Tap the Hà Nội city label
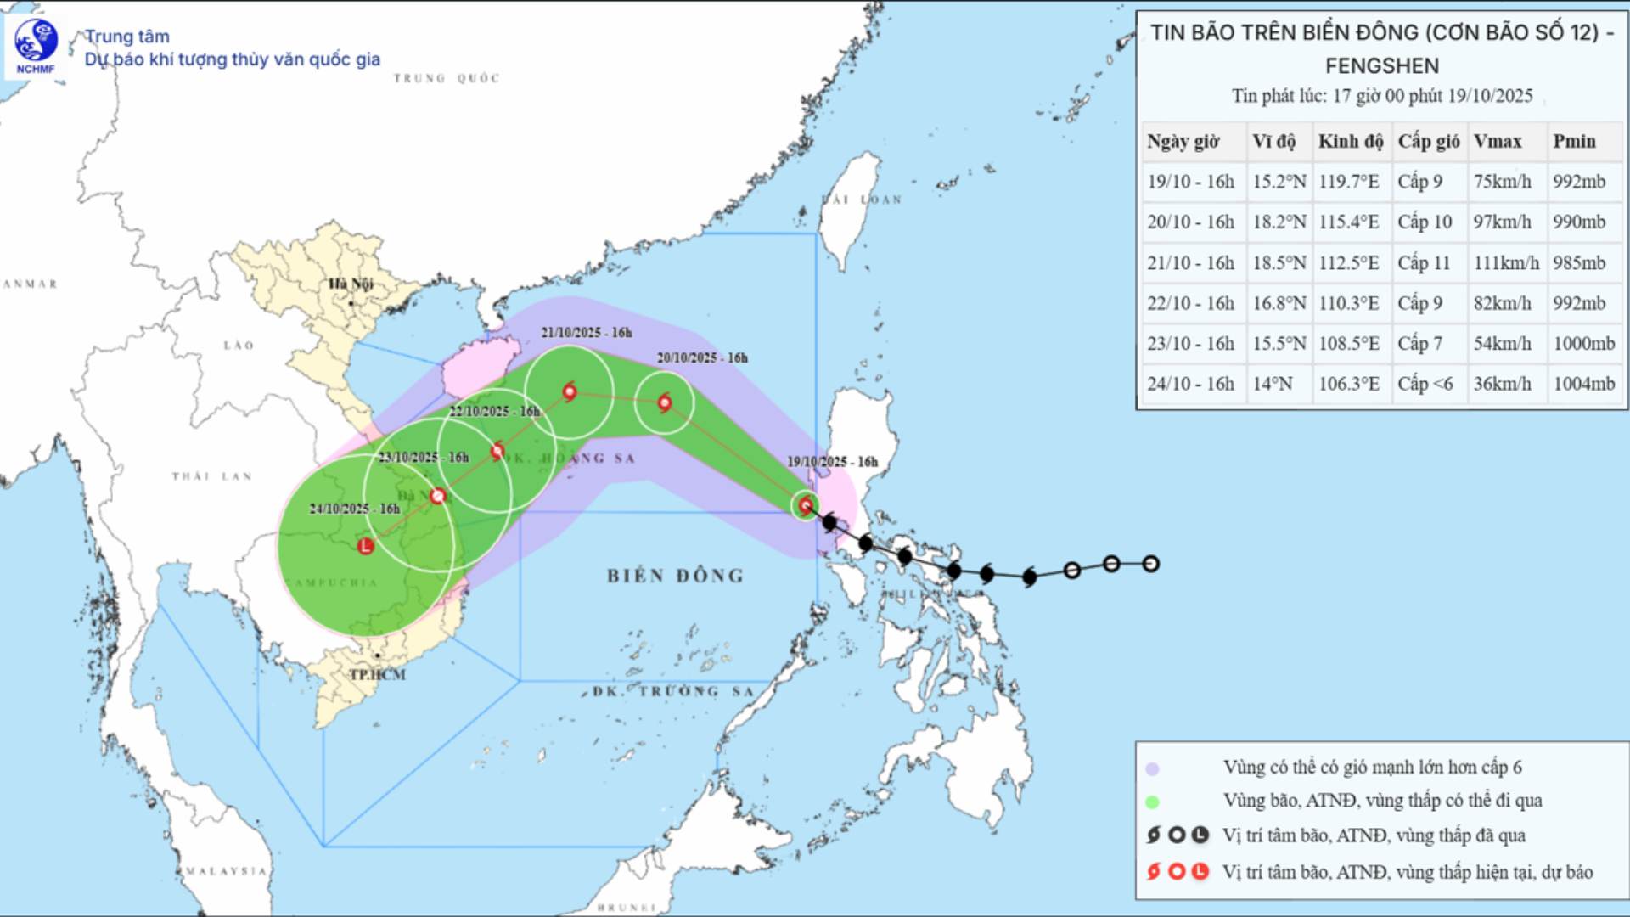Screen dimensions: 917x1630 [x=351, y=284]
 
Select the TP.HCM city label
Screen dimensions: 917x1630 [x=378, y=674]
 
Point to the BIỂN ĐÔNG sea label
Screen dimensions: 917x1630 [x=675, y=576]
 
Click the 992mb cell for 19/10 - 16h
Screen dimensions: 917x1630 [x=1579, y=182]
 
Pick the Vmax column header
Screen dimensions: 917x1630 [x=1498, y=141]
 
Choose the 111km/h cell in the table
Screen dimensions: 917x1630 [x=1506, y=263]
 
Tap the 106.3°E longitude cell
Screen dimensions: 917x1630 [x=1349, y=384]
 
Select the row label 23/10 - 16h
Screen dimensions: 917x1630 [x=1190, y=343]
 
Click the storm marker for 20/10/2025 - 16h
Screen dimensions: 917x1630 [x=665, y=402]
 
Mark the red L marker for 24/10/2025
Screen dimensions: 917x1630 [x=365, y=546]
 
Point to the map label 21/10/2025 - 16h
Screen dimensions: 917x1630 [x=587, y=332]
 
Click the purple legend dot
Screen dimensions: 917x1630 [x=1152, y=768]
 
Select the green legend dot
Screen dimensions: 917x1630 [x=1152, y=802]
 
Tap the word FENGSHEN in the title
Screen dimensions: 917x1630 [x=1382, y=65]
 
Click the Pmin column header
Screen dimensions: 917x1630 [x=1575, y=141]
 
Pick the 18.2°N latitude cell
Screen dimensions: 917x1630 [x=1279, y=222]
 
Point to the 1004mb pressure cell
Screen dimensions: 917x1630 [x=1584, y=384]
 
